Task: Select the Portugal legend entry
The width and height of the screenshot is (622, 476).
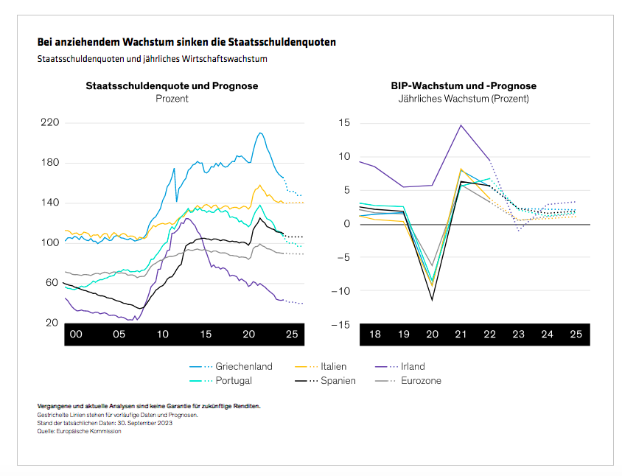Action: (234, 380)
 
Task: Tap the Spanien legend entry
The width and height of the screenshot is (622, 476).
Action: (338, 380)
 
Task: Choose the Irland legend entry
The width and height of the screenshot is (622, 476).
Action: (413, 366)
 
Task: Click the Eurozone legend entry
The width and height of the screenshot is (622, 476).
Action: (421, 380)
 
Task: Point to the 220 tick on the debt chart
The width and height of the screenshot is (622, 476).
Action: (49, 122)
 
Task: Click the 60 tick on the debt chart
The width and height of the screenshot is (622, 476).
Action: (52, 283)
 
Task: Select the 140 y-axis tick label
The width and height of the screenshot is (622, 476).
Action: (49, 203)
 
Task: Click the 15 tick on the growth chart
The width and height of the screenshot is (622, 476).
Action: (344, 122)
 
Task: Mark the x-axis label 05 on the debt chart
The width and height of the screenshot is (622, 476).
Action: (119, 335)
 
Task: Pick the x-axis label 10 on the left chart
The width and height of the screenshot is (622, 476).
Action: (162, 335)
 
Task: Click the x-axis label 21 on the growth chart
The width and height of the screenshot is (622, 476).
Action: (461, 335)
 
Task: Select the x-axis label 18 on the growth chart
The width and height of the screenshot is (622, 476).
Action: (374, 335)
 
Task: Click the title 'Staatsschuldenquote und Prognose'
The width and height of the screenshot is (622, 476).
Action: (172, 85)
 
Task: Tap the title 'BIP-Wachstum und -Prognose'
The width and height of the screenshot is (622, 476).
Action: (464, 85)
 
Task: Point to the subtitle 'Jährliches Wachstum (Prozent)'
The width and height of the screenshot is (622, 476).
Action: (464, 98)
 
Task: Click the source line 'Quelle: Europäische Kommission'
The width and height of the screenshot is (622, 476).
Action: (79, 431)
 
